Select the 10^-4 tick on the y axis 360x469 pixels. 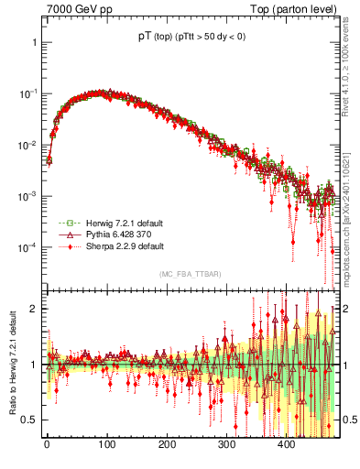point(28,247)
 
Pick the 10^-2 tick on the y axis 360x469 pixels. point(28,146)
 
